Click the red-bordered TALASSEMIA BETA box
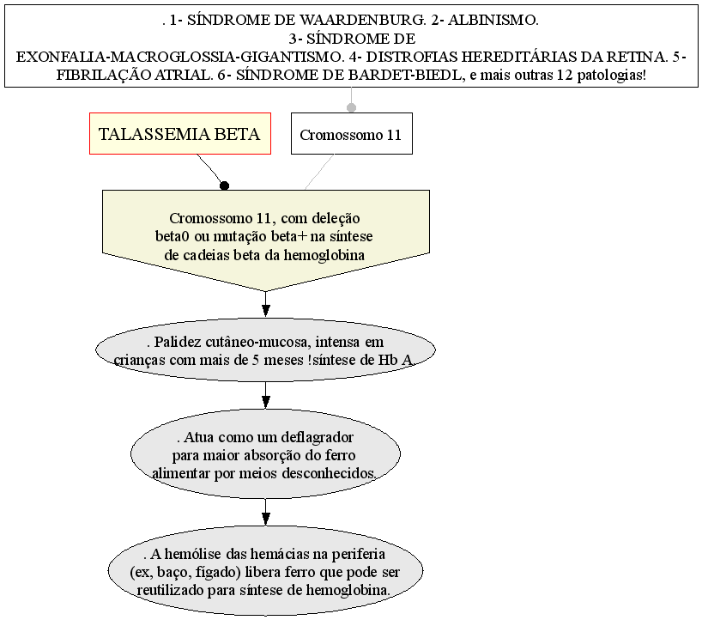point(180,133)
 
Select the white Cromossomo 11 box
point(352,133)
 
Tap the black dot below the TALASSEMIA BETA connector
point(225,185)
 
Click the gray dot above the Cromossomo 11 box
point(352,107)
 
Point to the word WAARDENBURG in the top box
point(362,20)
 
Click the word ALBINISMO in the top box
point(493,20)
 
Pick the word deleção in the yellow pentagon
point(336,218)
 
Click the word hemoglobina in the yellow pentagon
point(324,255)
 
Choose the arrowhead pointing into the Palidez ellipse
point(265,311)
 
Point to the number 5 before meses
point(255,360)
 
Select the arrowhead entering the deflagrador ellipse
point(265,402)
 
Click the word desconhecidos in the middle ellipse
point(329,473)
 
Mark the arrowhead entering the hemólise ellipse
point(265,519)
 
